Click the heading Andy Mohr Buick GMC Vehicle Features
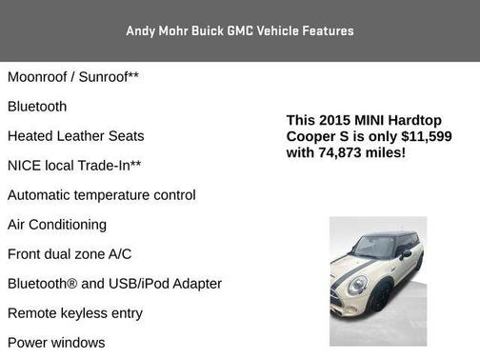click(x=239, y=30)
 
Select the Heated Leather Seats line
click(x=75, y=136)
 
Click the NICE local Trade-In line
click(x=74, y=166)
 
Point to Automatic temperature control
click(x=101, y=195)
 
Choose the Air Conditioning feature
click(x=57, y=225)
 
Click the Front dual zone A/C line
click(x=70, y=254)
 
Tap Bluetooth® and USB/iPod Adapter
click(x=114, y=284)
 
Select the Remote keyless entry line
click(x=74, y=313)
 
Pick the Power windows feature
click(x=56, y=342)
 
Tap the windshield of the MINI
click(x=372, y=247)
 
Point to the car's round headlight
click(x=357, y=284)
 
